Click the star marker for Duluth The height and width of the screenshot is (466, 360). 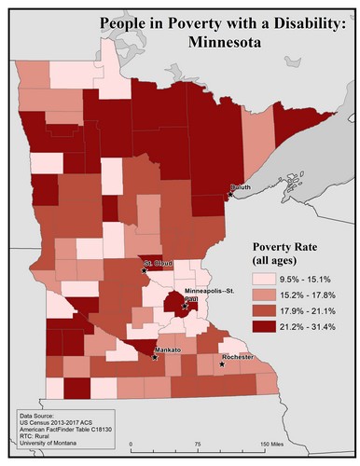tap(229, 196)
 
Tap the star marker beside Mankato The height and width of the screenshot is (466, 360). tap(155, 357)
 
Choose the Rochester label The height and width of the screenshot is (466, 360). tap(237, 357)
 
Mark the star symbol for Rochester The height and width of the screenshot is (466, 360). tap(222, 364)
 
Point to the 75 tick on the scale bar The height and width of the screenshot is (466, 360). tap(197, 443)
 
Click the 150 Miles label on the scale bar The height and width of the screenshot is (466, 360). tap(271, 443)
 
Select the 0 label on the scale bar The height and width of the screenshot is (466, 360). tap(132, 443)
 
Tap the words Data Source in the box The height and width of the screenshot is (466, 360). tap(37, 415)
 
